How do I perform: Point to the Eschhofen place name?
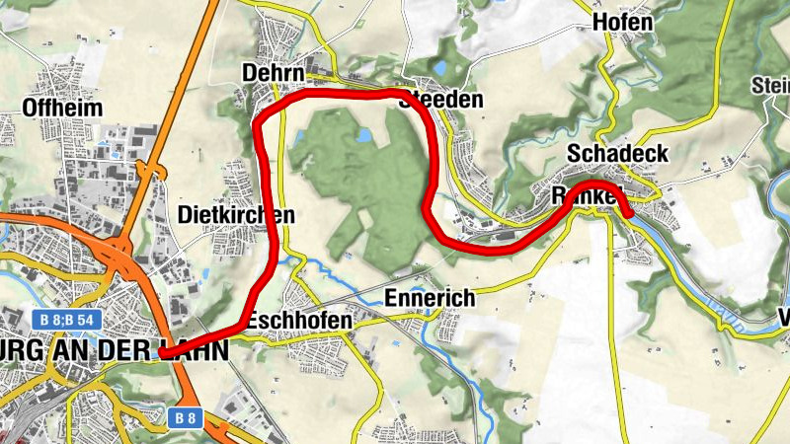point(299,321)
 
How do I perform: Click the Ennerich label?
point(430,297)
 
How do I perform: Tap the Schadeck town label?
point(618,154)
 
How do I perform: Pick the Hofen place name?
point(622,22)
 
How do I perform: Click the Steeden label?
point(447,101)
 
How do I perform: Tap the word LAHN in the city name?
point(197,350)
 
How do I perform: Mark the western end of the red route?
point(162,352)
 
